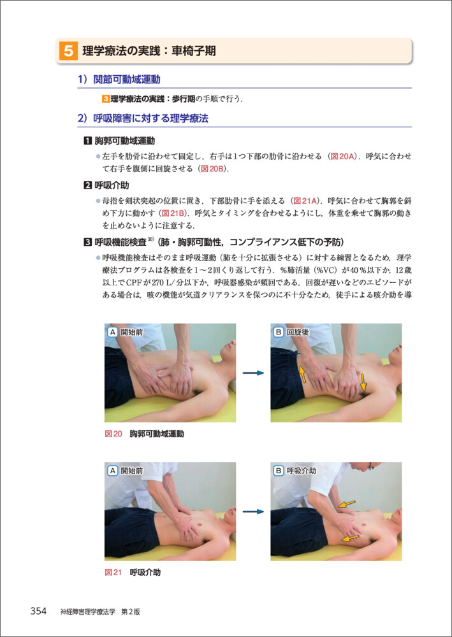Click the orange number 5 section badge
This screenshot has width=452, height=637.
[68, 51]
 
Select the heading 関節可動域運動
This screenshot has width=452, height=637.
[126, 80]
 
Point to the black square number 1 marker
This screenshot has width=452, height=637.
[87, 141]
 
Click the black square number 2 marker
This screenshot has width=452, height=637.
[87, 186]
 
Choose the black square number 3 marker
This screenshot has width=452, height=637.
[87, 243]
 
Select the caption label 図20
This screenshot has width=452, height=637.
[113, 434]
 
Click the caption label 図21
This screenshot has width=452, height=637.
[113, 573]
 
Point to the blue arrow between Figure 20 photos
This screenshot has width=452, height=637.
[253, 373]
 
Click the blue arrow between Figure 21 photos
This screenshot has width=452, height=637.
[253, 512]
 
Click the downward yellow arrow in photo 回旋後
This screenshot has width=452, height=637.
[363, 382]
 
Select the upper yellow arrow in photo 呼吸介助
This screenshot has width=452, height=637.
[346, 504]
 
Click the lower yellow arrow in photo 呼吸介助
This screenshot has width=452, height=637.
[351, 538]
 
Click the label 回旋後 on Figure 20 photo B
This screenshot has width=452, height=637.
[298, 333]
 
